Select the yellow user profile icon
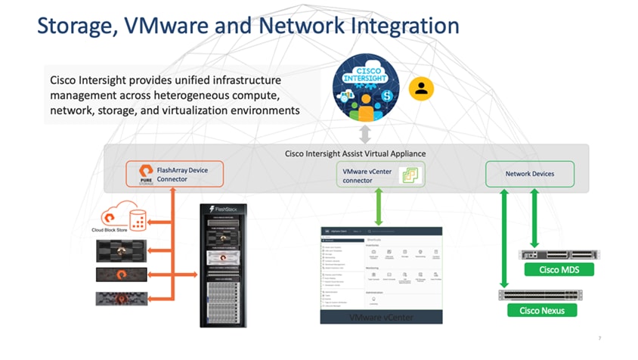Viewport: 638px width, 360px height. coord(421,89)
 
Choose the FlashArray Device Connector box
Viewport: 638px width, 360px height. coord(175,175)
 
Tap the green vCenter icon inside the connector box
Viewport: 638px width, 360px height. coord(408,175)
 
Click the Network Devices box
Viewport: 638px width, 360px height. coord(529,174)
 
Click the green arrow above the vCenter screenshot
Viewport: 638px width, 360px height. coord(378,206)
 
